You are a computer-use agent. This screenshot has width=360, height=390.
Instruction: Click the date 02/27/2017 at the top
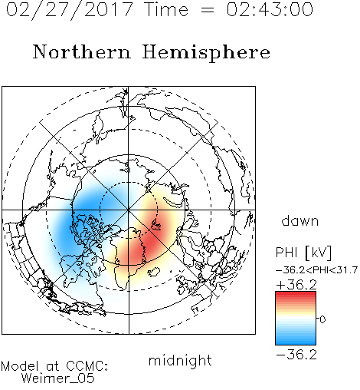pos(70,10)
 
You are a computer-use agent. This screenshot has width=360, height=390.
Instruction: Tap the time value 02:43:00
pos(270,9)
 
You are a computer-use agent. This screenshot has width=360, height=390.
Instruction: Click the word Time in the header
pos(166,9)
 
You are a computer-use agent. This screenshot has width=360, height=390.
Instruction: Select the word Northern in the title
pos(82,51)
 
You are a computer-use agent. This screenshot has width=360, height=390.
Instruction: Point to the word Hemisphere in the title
pos(206,53)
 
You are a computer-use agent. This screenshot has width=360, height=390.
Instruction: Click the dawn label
pos(300,220)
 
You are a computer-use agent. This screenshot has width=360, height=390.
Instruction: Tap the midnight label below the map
pos(180,360)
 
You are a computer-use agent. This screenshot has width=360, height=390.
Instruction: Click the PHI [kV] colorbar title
pos(303,253)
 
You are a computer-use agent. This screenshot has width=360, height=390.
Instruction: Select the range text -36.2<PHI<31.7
pos(317,270)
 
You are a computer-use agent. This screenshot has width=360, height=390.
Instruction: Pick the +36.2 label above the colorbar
pos(296,285)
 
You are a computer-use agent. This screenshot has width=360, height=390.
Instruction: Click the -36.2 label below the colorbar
pos(296,355)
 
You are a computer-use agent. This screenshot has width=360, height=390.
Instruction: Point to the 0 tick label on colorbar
pos(322,319)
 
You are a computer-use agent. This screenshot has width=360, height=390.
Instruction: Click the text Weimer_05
pos(58,378)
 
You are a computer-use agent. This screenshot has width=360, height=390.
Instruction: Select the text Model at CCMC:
pos(54,366)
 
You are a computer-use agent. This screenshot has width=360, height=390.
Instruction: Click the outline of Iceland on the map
pos(154,272)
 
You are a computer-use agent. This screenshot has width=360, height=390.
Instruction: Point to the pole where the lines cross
pos(129,210)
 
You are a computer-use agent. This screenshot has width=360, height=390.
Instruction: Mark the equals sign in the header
pos(208,10)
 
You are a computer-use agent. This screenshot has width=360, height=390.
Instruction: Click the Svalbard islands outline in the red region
pos(156,225)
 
